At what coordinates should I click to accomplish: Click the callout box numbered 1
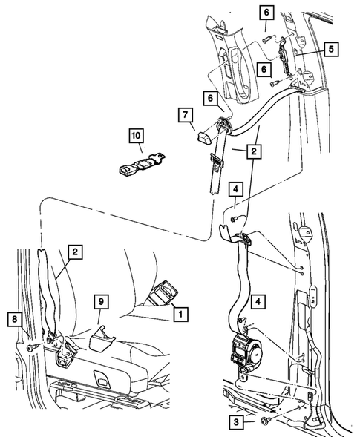[180, 315]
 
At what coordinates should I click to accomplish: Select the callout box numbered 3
[236, 422]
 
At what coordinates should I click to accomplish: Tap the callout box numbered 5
[331, 49]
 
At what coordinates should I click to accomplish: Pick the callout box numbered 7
[186, 115]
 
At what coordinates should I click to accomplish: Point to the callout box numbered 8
[15, 319]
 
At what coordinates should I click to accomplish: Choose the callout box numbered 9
[101, 301]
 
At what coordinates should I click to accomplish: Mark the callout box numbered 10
[137, 136]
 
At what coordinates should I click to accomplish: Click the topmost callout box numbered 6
[266, 13]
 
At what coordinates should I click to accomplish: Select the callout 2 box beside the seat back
[75, 252]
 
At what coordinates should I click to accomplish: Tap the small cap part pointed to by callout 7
[205, 137]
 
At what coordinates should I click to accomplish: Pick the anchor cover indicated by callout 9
[102, 338]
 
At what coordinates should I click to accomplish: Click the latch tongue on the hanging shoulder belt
[217, 162]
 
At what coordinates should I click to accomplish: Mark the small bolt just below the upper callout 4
[233, 220]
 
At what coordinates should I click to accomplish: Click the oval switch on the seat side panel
[100, 376]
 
